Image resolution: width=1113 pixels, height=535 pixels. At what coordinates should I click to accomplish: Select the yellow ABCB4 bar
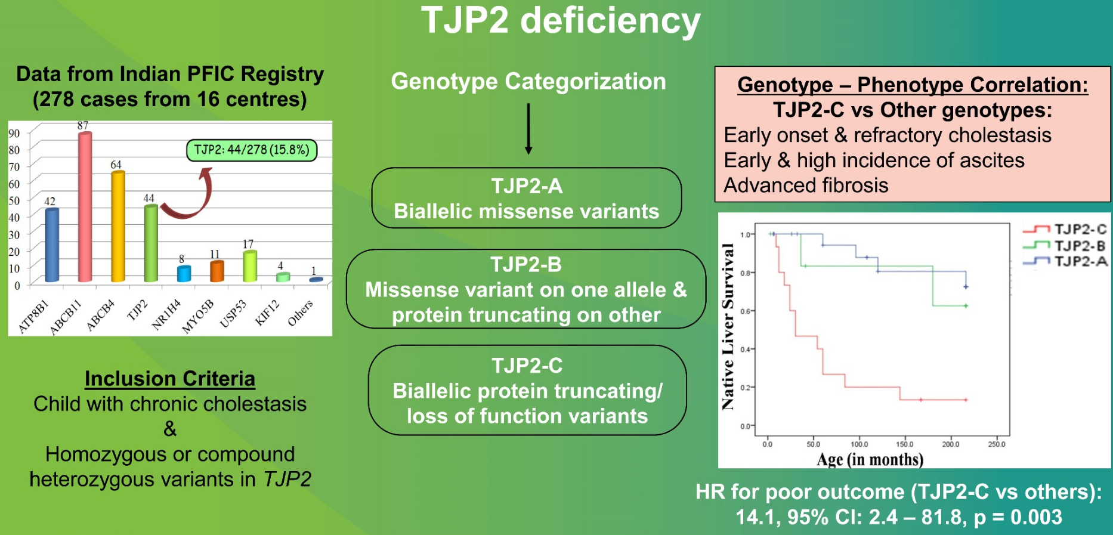(118, 226)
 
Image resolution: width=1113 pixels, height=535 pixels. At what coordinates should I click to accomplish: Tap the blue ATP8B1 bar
(52, 245)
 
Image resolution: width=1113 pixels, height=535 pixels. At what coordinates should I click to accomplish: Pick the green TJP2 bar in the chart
(151, 243)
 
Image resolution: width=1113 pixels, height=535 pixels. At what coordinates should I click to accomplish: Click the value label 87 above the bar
(83, 125)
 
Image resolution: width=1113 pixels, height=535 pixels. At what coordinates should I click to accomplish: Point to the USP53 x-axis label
(233, 314)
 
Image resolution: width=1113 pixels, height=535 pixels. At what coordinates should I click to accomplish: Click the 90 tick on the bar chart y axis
(14, 133)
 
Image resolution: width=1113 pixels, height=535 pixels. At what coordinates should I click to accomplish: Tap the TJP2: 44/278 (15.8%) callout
(252, 150)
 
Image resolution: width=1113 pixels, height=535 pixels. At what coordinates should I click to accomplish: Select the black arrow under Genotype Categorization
(528, 129)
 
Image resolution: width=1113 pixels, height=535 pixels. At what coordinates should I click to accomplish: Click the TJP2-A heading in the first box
(527, 186)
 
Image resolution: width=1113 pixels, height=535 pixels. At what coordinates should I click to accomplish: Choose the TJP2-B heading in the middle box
(526, 264)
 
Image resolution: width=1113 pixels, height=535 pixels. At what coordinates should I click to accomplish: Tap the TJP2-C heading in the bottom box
(527, 366)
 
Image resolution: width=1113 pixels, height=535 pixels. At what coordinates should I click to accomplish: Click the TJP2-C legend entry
(1065, 229)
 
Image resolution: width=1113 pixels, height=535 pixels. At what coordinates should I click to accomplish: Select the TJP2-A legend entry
(1065, 261)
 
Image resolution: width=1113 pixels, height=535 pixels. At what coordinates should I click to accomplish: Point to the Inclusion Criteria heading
(170, 379)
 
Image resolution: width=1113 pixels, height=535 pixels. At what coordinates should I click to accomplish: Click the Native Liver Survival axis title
(728, 327)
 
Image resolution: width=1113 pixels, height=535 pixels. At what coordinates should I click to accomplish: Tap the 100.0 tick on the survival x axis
(859, 444)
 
